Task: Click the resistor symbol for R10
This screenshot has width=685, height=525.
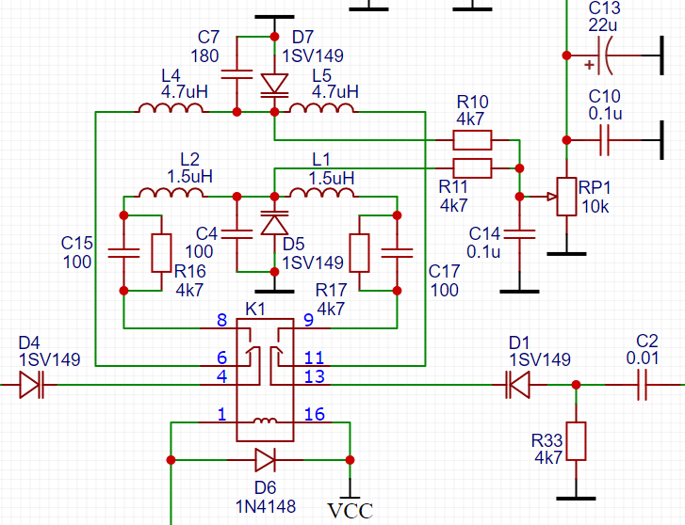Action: pos(472,140)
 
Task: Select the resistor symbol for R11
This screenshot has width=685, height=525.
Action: pos(472,168)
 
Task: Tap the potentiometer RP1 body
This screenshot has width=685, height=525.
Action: pos(566,197)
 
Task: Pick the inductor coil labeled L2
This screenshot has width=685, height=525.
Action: pos(171,193)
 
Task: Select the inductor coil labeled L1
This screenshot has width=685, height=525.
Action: pos(322,193)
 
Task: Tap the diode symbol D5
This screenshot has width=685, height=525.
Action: pos(274,224)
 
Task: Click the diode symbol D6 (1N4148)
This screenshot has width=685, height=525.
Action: pos(265,460)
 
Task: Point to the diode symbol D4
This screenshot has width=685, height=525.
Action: pos(31,384)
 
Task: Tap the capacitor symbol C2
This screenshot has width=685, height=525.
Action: pos(646,384)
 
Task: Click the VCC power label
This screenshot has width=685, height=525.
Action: pos(350,511)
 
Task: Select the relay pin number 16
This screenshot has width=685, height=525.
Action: pos(314,415)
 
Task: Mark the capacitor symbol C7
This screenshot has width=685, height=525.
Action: pos(236,73)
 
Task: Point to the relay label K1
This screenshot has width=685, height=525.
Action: pos(255,309)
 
